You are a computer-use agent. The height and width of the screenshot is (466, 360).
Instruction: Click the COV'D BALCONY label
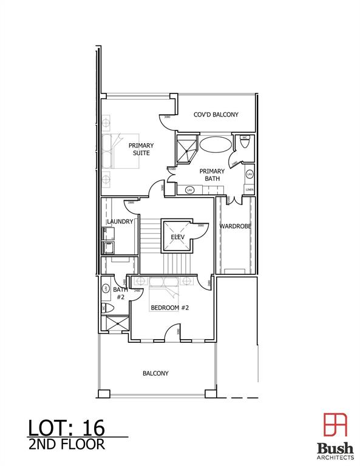coord(216,115)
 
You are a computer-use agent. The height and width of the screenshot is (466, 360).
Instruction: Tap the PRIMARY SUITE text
coord(140,149)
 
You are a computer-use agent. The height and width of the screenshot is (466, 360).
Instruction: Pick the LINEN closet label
coord(249,190)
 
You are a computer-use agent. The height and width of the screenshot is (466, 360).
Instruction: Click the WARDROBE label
coord(235,226)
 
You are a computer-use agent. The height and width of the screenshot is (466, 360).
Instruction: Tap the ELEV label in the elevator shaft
coord(177,237)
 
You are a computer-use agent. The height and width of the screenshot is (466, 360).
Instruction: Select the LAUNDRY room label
coord(120,221)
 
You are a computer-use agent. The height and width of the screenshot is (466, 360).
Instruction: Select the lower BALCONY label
coord(155,373)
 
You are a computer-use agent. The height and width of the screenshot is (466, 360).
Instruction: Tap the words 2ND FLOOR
coord(66,444)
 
